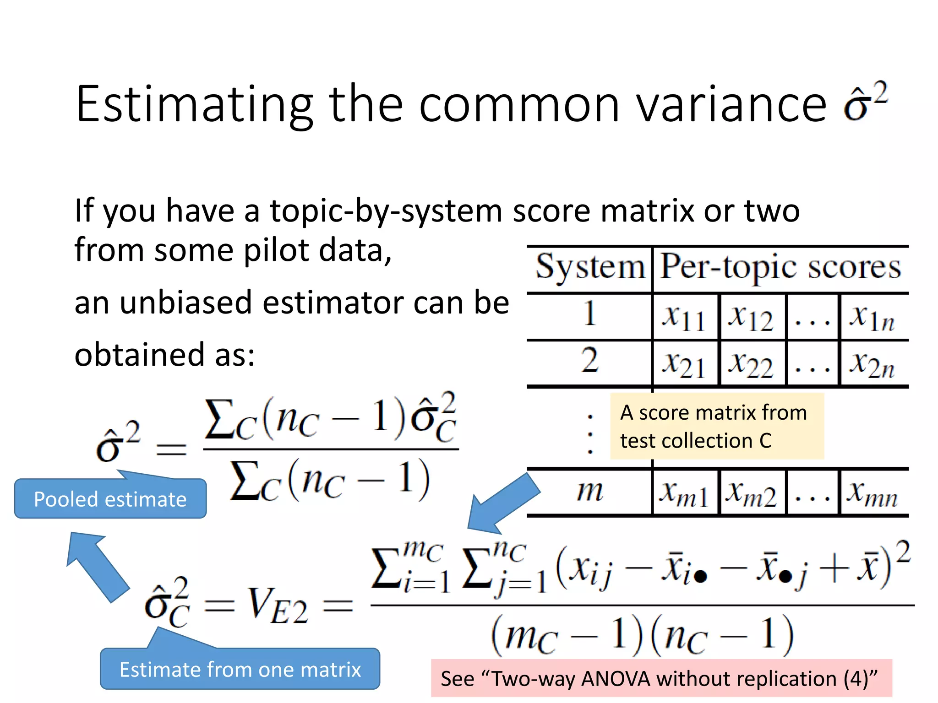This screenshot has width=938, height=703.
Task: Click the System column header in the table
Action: pyautogui.click(x=590, y=267)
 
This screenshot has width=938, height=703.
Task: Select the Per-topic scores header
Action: pyautogui.click(x=780, y=267)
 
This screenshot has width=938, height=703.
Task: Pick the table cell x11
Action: pyautogui.click(x=684, y=317)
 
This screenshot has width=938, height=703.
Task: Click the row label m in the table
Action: pyautogui.click(x=590, y=492)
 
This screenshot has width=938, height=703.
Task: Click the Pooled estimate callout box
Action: pyautogui.click(x=110, y=499)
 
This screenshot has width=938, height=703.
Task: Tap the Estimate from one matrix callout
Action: pyautogui.click(x=240, y=669)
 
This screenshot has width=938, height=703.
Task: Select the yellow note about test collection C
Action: pyautogui.click(x=717, y=426)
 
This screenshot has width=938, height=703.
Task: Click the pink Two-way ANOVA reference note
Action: pyautogui.click(x=661, y=678)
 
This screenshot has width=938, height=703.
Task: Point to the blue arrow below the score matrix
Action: pyautogui.click(x=504, y=503)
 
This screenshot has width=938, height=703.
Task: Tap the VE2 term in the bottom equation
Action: pyautogui.click(x=278, y=606)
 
